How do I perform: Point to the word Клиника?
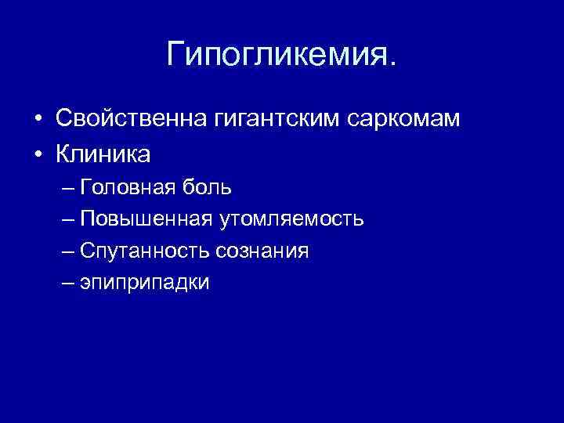[103, 154]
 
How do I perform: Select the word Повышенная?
[146, 219]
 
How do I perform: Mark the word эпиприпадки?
[145, 283]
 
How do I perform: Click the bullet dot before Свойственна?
[37, 120]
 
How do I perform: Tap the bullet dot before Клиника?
[37, 155]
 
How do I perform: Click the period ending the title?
[393, 65]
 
